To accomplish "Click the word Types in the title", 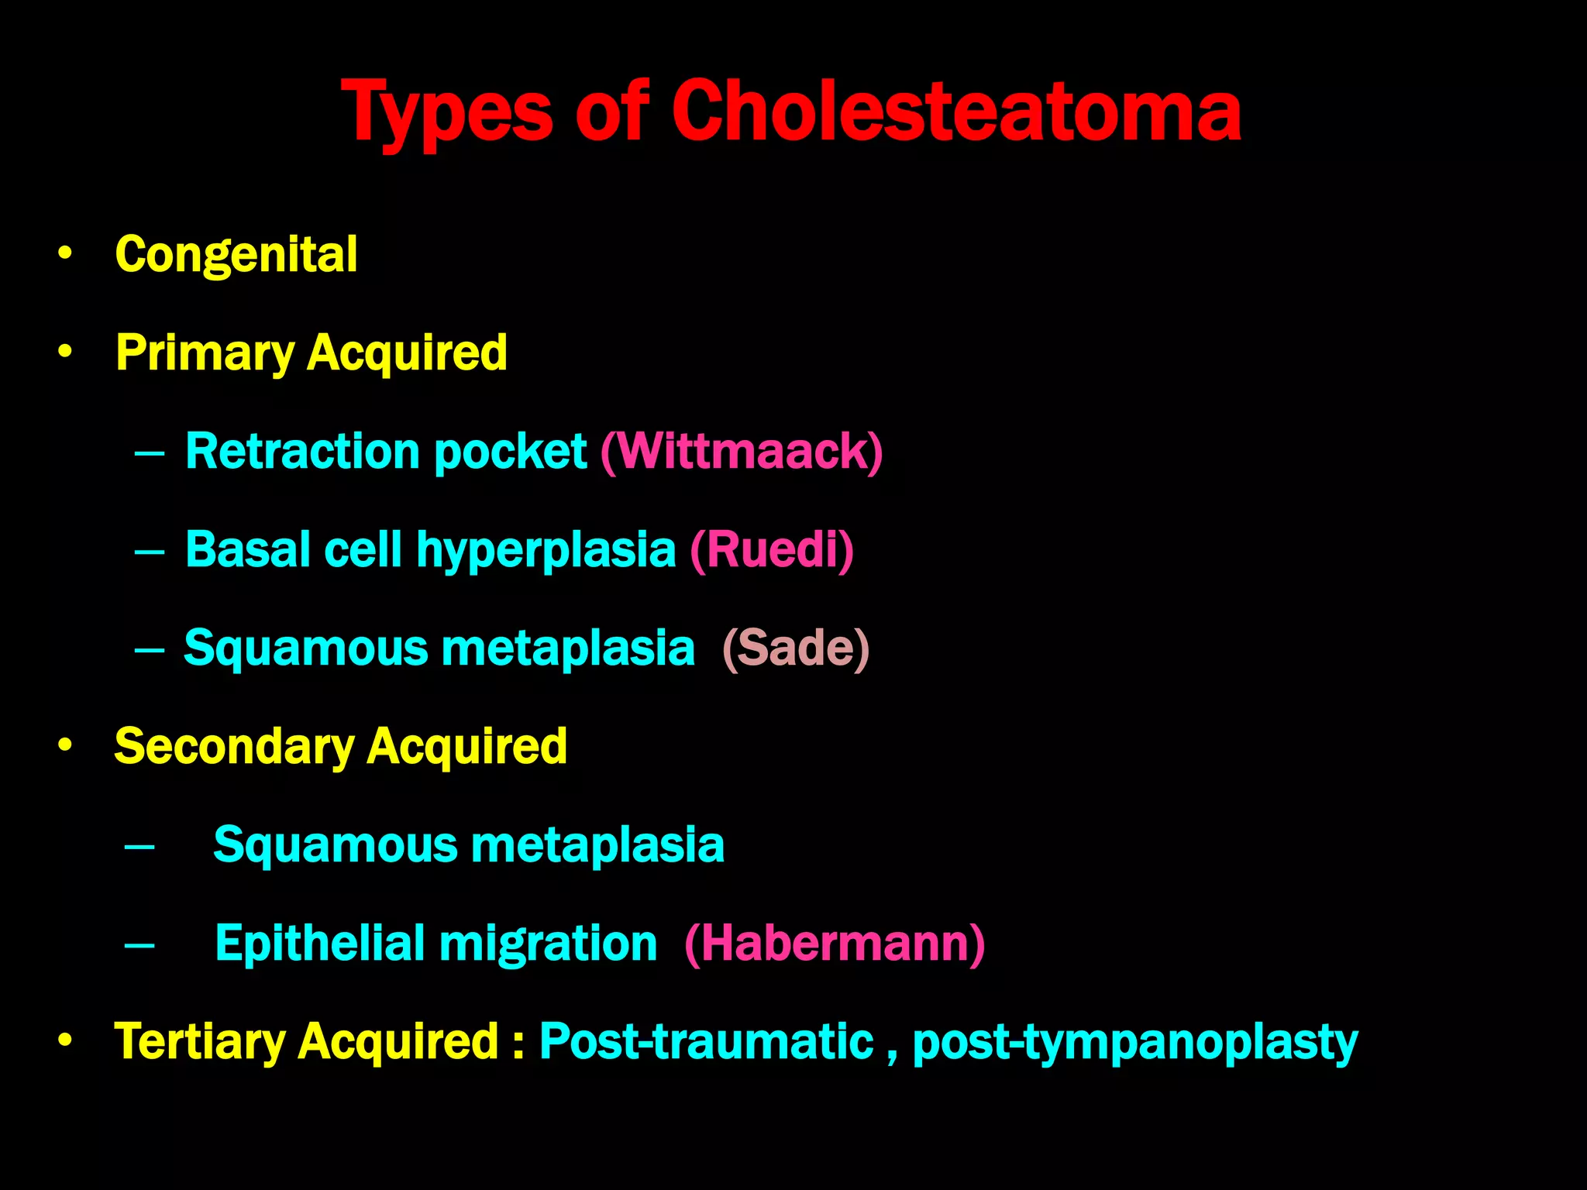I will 447,112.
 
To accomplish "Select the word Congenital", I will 236,254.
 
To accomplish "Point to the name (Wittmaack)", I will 742,451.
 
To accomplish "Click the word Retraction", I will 303,451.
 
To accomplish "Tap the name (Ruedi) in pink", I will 772,549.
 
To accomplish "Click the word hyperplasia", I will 546,549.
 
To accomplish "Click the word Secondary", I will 234,746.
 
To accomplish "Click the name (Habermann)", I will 835,943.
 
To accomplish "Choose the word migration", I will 548,943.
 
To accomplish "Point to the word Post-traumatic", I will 706,1041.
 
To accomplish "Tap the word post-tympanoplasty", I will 1134,1043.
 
